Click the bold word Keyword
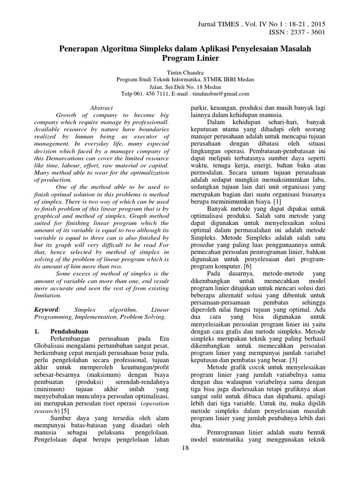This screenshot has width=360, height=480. (x=47, y=310)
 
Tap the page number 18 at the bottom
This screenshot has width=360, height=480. (x=184, y=449)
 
